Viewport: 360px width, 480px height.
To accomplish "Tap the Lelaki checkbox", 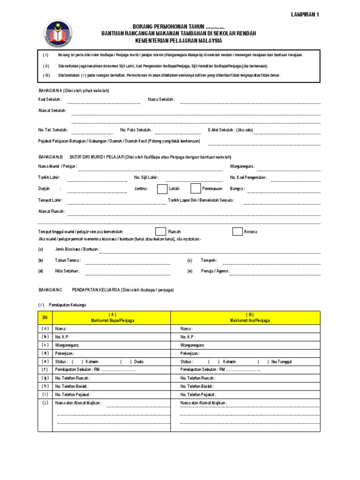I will click(162, 189).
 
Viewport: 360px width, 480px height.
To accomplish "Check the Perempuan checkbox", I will click(196, 189).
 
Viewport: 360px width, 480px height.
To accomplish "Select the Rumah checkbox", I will click(160, 232).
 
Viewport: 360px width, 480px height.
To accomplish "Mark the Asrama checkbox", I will click(238, 232).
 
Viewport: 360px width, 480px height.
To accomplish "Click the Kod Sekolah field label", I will click(51, 99).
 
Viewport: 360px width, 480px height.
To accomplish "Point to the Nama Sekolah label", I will click(161, 99).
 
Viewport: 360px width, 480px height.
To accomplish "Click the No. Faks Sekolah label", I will click(136, 130).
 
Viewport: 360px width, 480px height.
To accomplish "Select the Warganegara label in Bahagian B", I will click(242, 166).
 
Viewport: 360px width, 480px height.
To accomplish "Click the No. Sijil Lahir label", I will click(146, 178).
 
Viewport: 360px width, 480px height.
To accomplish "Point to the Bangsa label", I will click(237, 189).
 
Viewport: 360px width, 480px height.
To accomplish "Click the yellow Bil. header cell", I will click(45, 317).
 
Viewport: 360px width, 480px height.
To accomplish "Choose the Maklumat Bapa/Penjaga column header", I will click(112, 317).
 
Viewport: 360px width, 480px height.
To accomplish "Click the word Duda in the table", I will click(139, 362).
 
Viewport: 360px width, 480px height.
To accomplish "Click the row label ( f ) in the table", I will click(45, 369).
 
